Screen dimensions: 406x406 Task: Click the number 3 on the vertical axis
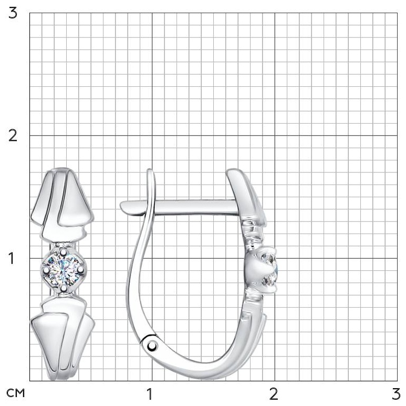pyautogui.click(x=13, y=13)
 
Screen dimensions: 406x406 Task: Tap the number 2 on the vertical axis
pyautogui.click(x=13, y=136)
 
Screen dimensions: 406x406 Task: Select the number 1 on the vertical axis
pyautogui.click(x=11, y=258)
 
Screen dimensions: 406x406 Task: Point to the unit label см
pyautogui.click(x=16, y=393)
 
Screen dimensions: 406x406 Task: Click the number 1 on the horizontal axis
pyautogui.click(x=149, y=394)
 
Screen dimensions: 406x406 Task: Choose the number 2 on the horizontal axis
pyautogui.click(x=274, y=394)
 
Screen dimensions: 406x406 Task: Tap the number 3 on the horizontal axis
pyautogui.click(x=396, y=394)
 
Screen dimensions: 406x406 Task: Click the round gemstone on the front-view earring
pyautogui.click(x=63, y=270)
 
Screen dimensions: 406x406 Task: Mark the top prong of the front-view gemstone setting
pyautogui.click(x=63, y=251)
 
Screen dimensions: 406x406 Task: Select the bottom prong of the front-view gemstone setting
pyautogui.click(x=64, y=288)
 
